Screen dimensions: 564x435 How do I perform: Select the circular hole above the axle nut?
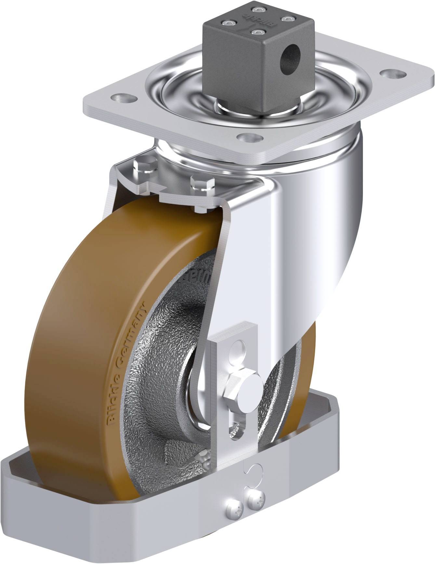point(238,349)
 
